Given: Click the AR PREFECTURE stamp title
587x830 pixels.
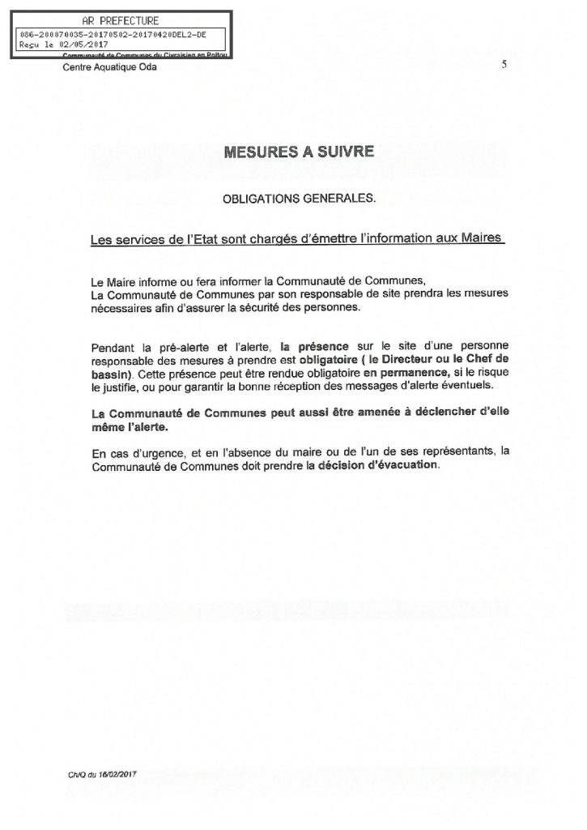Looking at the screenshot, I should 121,20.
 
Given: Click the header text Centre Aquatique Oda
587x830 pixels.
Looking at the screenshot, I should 110,67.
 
